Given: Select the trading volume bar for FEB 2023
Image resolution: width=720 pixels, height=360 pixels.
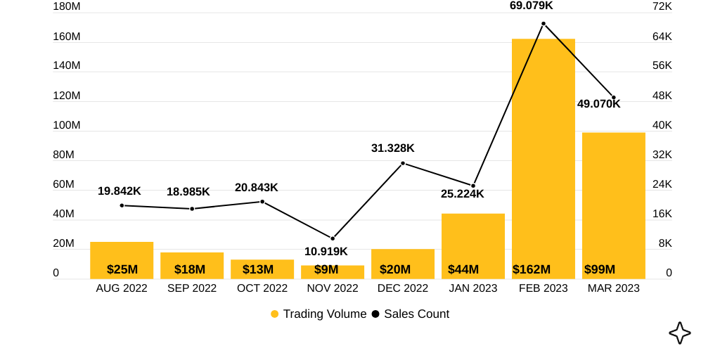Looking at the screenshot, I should pyautogui.click(x=543, y=155).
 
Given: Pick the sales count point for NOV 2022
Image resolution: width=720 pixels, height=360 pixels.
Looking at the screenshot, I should pyautogui.click(x=333, y=238).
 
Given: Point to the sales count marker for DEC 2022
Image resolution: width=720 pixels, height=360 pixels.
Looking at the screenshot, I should pyautogui.click(x=403, y=163).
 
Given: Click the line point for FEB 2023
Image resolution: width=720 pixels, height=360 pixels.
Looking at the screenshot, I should pyautogui.click(x=544, y=24).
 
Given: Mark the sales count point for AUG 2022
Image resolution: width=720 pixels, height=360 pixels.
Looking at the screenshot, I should pyautogui.click(x=122, y=205).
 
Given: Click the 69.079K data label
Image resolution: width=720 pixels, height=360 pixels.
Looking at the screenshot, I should pyautogui.click(x=531, y=6).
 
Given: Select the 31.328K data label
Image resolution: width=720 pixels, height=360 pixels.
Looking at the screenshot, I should pyautogui.click(x=392, y=148).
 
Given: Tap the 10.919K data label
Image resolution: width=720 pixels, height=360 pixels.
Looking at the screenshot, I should pyautogui.click(x=326, y=252).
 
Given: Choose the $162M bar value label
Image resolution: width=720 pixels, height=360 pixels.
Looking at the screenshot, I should pyautogui.click(x=532, y=269).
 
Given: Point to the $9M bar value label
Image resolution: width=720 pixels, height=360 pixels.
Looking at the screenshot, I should pyautogui.click(x=326, y=269).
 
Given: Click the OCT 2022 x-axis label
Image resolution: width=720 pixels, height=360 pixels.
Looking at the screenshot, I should pyautogui.click(x=262, y=288).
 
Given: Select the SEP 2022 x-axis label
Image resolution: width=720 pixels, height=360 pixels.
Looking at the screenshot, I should pyautogui.click(x=192, y=288).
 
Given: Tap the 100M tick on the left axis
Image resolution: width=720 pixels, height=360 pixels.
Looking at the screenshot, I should pyautogui.click(x=67, y=125).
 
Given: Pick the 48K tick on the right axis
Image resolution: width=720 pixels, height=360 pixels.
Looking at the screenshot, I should pyautogui.click(x=662, y=96).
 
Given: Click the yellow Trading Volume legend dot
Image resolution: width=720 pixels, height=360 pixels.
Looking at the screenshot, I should pyautogui.click(x=275, y=314).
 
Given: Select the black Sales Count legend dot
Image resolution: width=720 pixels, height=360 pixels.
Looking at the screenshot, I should pyautogui.click(x=375, y=314).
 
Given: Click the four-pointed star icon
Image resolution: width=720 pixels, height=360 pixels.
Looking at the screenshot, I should pyautogui.click(x=679, y=333).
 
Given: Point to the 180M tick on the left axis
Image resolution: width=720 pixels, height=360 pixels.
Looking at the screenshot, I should pyautogui.click(x=67, y=6).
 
